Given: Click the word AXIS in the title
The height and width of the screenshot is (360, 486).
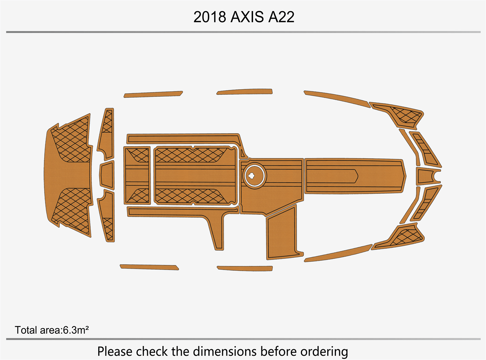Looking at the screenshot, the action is tap(247, 17).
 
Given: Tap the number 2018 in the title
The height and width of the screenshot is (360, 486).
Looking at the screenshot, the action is tap(210, 17).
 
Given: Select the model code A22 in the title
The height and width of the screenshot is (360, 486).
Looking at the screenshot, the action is tap(282, 17).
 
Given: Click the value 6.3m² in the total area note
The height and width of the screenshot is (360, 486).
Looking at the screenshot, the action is tap(76, 330).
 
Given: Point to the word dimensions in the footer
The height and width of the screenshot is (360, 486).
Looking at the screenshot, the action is tap(224, 352).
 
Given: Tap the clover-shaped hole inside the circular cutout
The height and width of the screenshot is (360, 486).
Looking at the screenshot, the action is tap(252, 175).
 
